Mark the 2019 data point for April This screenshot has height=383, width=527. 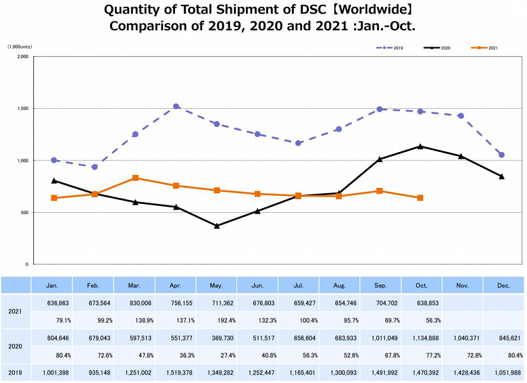tap(176, 107)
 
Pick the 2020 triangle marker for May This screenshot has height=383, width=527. tap(217, 226)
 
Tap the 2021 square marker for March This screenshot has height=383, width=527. tap(135, 178)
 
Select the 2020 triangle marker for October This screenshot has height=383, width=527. tap(420, 146)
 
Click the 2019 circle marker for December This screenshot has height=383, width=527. tap(501, 155)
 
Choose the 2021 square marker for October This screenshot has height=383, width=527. tap(420, 198)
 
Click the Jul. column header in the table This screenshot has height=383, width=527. tap(299, 286)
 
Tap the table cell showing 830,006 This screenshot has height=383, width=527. tap(134, 303)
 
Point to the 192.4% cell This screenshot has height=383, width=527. tap(216, 321)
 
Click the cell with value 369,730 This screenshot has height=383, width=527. tap(216, 338)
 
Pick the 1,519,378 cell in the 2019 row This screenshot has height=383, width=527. tap(176, 373)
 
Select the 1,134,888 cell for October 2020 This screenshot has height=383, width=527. tap(420, 338)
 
